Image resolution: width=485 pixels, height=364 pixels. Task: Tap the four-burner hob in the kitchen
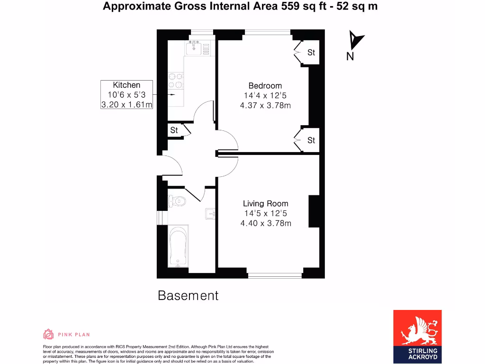[x=176, y=81]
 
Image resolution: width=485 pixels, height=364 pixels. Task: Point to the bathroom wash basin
[x=210, y=214]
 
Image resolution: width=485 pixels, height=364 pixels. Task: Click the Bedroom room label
[x=265, y=86]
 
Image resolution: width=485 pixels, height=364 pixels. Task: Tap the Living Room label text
[x=265, y=204]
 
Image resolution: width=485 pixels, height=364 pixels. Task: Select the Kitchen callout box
[x=126, y=95]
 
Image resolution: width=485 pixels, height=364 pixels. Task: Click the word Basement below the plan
[x=188, y=296]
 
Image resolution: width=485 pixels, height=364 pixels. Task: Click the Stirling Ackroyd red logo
[x=417, y=336]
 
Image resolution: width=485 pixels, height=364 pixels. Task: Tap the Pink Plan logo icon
[x=48, y=335]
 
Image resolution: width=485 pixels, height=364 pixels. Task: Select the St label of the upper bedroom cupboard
[x=311, y=53]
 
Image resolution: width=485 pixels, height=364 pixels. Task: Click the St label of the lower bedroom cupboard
[x=311, y=140]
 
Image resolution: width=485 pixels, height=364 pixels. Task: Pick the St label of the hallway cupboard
[x=174, y=130]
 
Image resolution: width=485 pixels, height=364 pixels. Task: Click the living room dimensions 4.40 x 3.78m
[x=265, y=223]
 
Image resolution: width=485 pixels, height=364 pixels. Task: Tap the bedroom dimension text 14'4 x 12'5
[x=265, y=95]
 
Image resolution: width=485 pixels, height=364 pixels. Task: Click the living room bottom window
[x=275, y=274]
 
